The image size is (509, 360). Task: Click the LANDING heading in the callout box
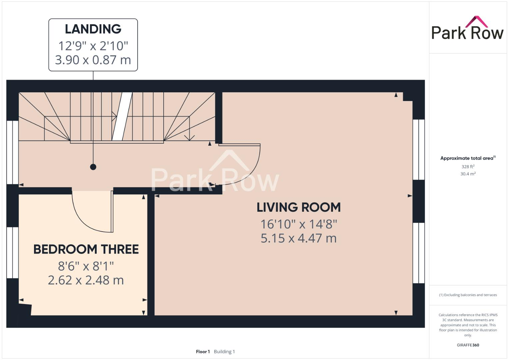click(93, 29)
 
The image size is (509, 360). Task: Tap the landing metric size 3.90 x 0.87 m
click(93, 60)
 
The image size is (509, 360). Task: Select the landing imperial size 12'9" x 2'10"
click(93, 45)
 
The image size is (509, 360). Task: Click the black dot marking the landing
click(93, 167)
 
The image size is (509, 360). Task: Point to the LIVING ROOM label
click(299, 207)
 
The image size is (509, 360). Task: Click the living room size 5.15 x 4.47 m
click(299, 238)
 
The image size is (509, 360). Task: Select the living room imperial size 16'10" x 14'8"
click(299, 224)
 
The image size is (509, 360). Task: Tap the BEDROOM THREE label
click(86, 249)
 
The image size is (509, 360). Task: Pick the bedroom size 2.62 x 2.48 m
click(86, 280)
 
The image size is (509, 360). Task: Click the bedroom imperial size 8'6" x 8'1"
click(86, 266)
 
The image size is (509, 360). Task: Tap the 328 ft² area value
click(468, 167)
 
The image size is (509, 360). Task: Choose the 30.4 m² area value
click(468, 174)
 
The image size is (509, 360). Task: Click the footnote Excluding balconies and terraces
click(468, 295)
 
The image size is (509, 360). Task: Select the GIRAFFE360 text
click(468, 345)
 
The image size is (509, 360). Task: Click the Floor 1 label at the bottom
click(203, 352)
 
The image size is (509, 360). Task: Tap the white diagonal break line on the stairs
click(122, 116)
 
